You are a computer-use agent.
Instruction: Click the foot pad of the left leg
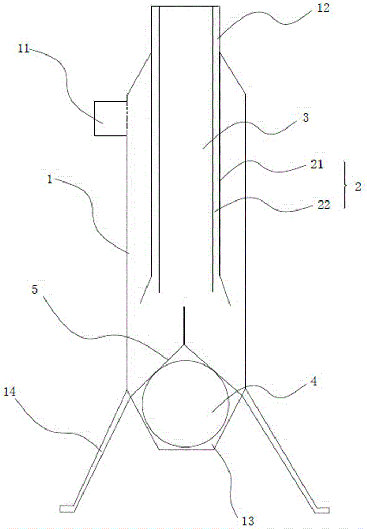click(x=67, y=509)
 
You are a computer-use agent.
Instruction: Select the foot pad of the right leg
click(x=322, y=509)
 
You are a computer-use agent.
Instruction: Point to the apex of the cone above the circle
click(x=184, y=345)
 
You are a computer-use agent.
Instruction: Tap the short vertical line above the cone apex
click(x=184, y=325)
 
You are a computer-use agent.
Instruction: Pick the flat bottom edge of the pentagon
click(x=186, y=449)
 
